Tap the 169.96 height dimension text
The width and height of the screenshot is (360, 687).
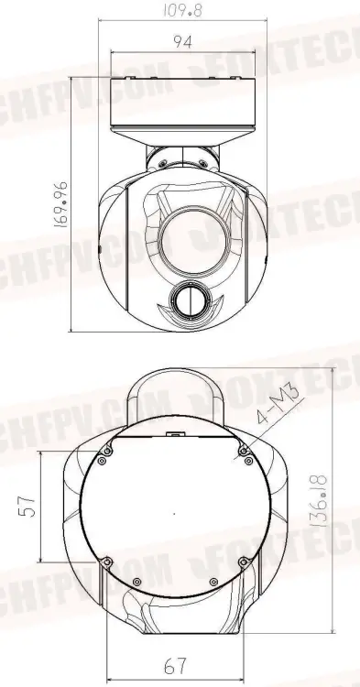(x=61, y=209)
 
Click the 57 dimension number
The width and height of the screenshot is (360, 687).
(x=27, y=507)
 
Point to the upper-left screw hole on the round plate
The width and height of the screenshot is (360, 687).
(x=107, y=450)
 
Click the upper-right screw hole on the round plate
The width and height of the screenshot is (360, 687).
(x=244, y=450)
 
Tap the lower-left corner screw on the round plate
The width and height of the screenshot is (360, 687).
(x=107, y=561)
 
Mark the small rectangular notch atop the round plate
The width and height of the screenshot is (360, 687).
(x=174, y=438)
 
